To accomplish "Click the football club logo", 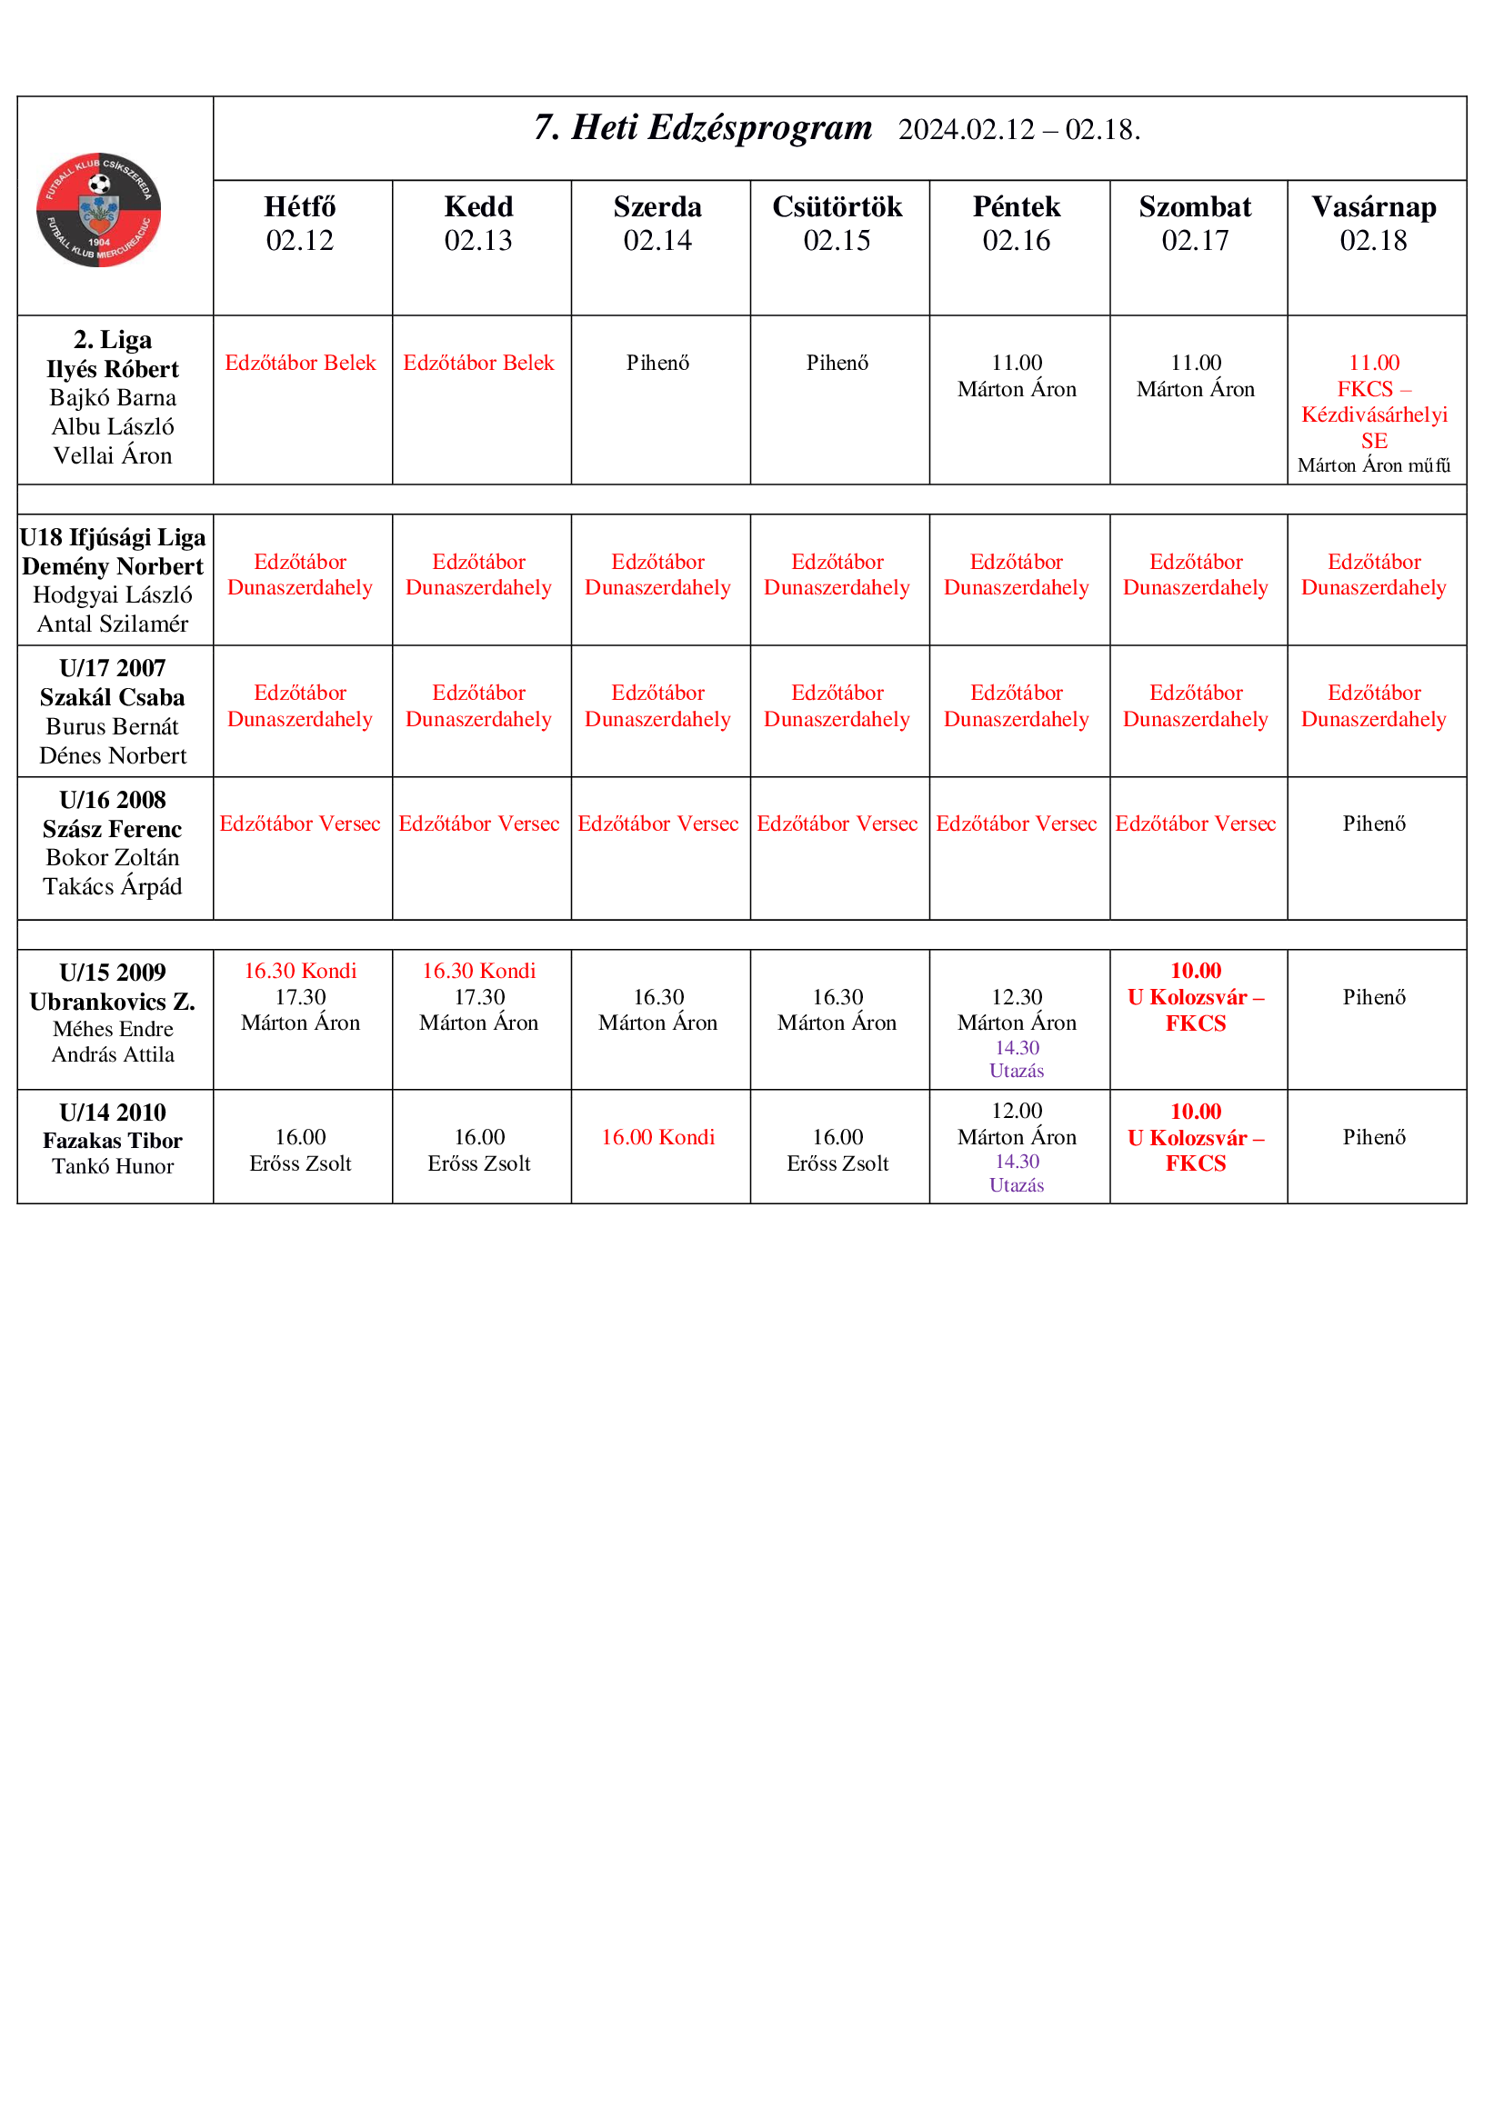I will click(98, 209).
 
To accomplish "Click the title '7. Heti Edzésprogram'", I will click(702, 128).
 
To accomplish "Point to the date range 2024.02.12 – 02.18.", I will click(1018, 130).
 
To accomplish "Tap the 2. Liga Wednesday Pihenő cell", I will click(657, 363).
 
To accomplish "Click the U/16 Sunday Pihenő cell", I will click(1373, 823).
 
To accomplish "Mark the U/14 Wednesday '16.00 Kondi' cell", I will click(657, 1137).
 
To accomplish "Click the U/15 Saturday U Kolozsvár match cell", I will click(1195, 997).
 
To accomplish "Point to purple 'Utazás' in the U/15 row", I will click(1016, 1071).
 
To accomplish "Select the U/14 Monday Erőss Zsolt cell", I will click(300, 1150).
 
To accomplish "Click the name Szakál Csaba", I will click(112, 697).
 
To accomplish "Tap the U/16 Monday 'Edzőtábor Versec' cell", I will click(300, 823).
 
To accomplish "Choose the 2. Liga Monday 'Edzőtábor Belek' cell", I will click(300, 363).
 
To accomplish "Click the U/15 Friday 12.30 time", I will click(1016, 997).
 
